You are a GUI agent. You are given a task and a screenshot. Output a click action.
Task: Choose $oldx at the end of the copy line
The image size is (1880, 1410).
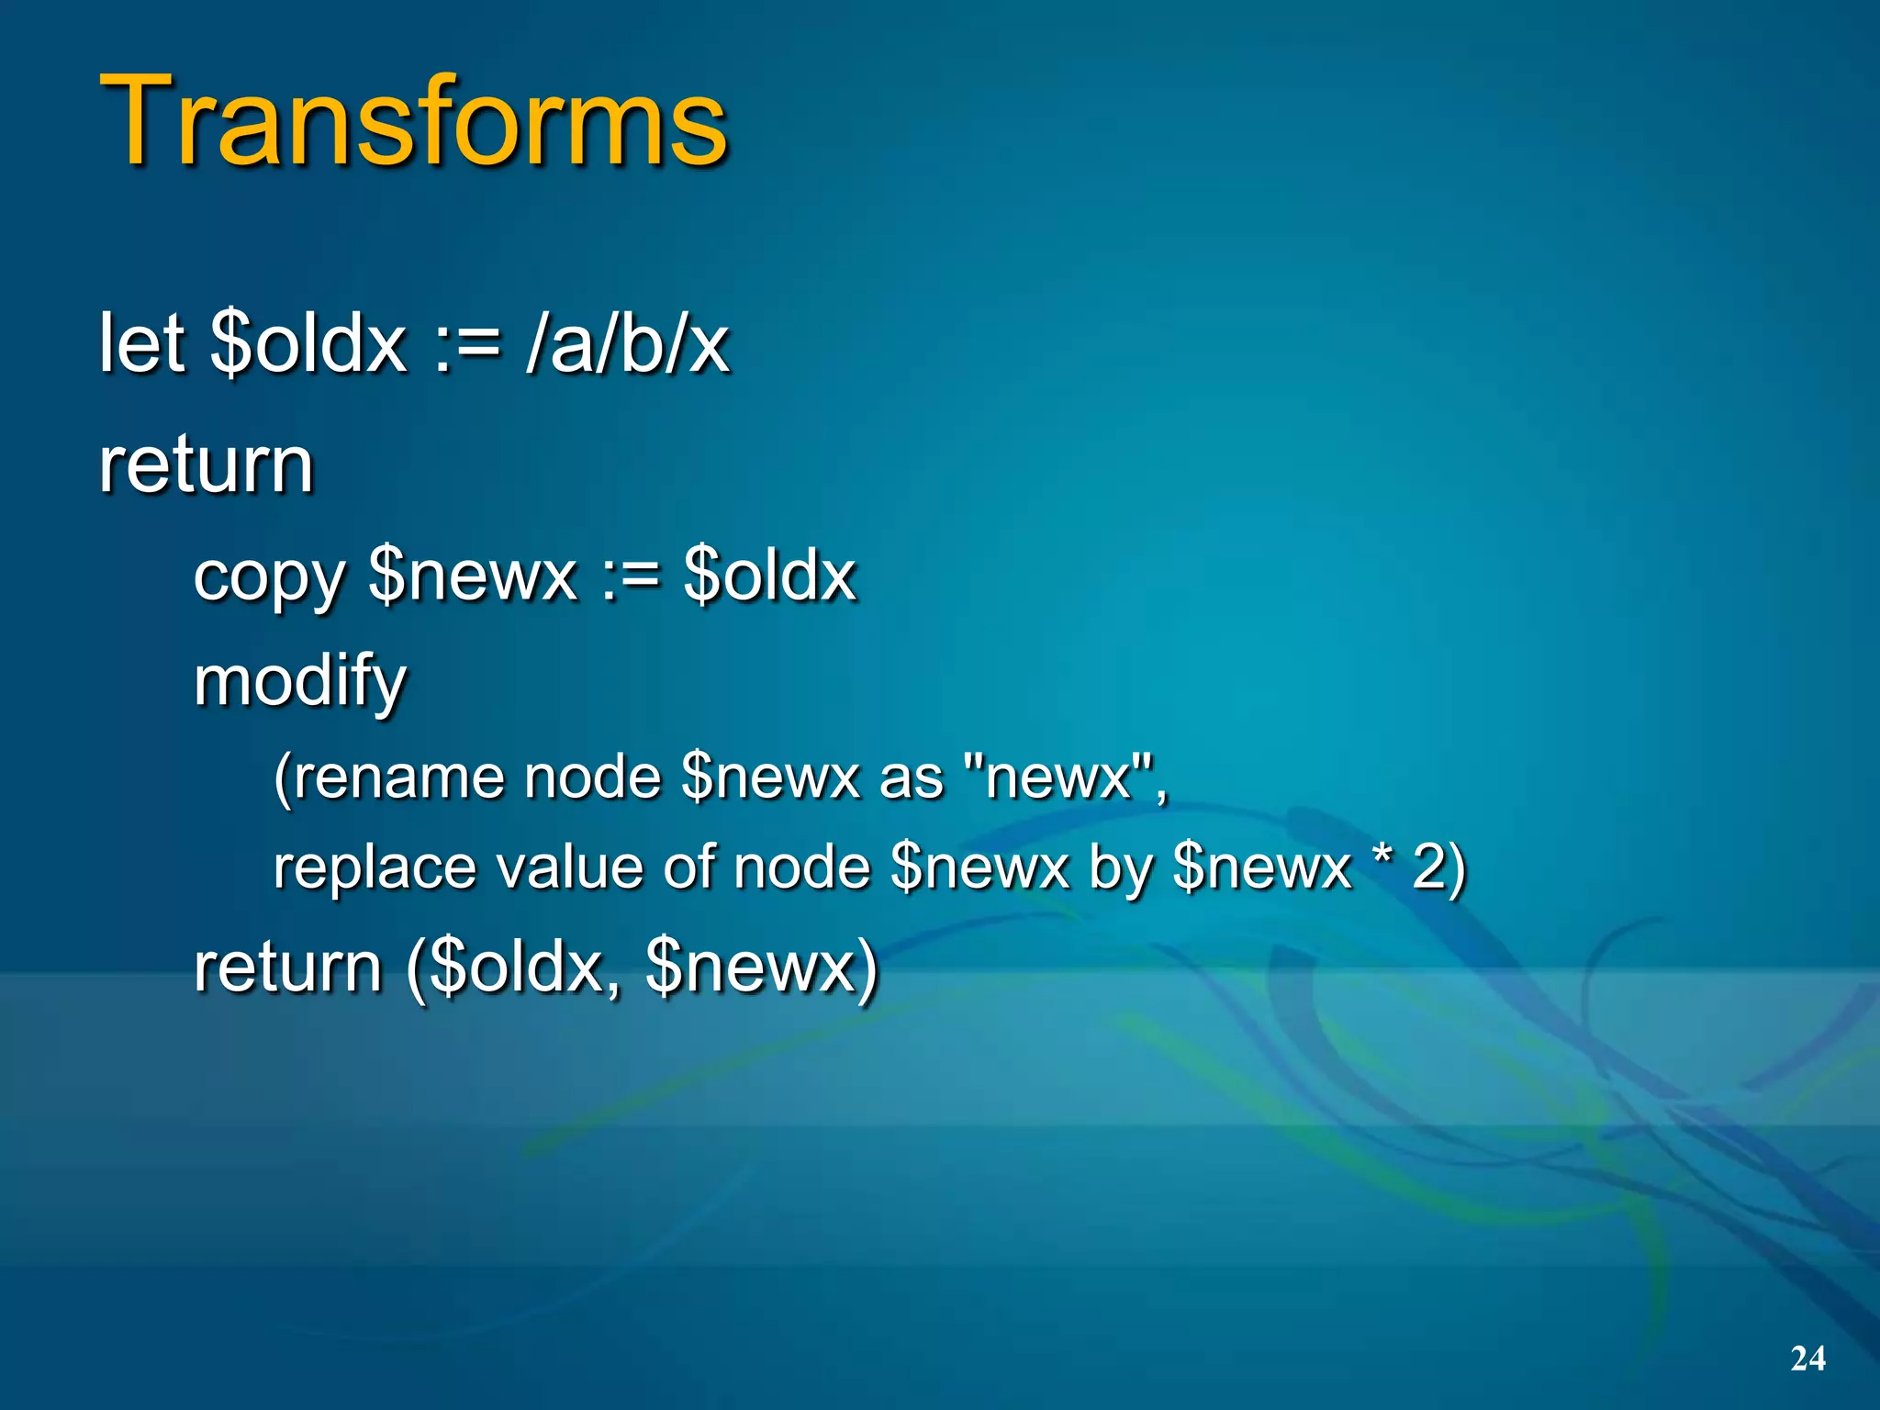click(769, 576)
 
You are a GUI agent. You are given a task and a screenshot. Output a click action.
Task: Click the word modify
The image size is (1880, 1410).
click(299, 682)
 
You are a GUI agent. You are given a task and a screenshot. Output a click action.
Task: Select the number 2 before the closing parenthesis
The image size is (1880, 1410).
click(1429, 867)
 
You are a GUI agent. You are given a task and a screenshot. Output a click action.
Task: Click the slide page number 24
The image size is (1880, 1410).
click(1807, 1358)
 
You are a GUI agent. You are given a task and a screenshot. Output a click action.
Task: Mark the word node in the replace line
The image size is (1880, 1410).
click(801, 867)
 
